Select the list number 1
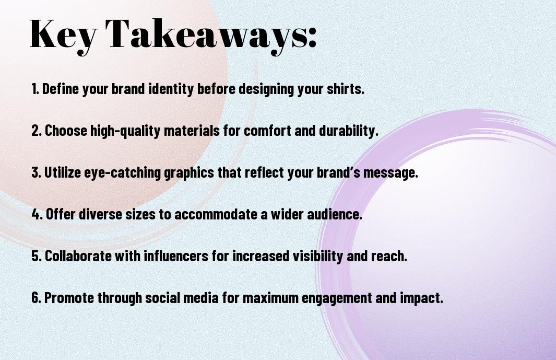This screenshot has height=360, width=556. tap(35, 89)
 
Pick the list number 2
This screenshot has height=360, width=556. tap(36, 131)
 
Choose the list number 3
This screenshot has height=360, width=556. tap(36, 172)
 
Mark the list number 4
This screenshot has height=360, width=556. tap(37, 214)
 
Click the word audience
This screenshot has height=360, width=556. tap(334, 214)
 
